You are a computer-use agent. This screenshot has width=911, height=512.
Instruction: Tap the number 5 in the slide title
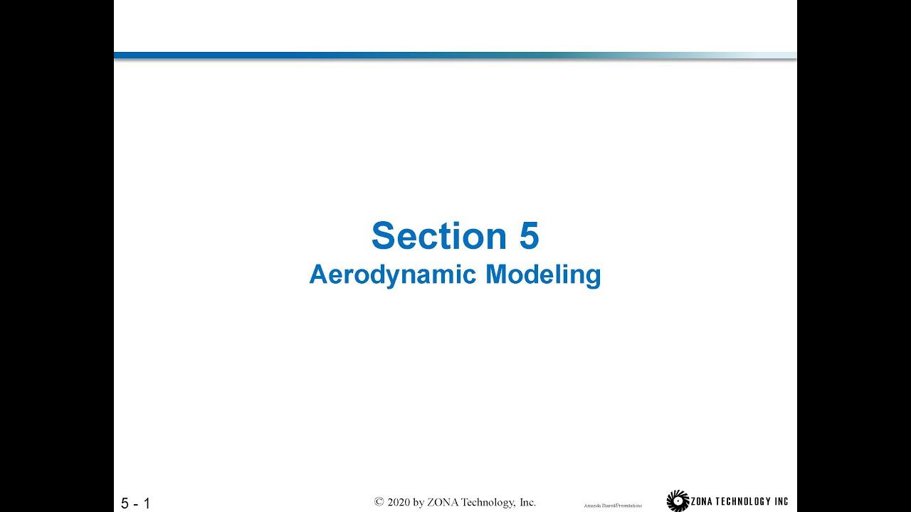(529, 236)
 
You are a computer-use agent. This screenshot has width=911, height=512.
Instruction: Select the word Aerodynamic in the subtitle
(393, 274)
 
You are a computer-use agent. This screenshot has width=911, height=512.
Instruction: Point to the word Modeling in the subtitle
(543, 274)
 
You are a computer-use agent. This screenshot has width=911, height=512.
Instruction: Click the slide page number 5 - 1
(135, 503)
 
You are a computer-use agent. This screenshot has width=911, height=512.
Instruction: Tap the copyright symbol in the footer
(379, 502)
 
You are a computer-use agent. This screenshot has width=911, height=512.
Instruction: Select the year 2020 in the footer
(399, 502)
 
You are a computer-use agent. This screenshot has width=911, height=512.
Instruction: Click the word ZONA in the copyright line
(443, 502)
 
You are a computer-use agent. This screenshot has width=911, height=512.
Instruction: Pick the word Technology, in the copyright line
(490, 502)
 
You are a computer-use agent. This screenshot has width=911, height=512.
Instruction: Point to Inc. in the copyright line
(527, 502)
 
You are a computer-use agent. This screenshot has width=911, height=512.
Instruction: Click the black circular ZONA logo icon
(678, 501)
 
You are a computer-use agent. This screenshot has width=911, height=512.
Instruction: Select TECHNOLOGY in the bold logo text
(748, 501)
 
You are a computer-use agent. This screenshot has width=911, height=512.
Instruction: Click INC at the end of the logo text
(781, 501)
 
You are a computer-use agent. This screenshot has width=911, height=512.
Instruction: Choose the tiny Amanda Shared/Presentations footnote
(613, 506)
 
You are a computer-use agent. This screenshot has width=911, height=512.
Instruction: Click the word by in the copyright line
(418, 503)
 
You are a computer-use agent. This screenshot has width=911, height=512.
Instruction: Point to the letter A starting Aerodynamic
(317, 274)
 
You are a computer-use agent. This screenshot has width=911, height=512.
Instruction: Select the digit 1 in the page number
(147, 503)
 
